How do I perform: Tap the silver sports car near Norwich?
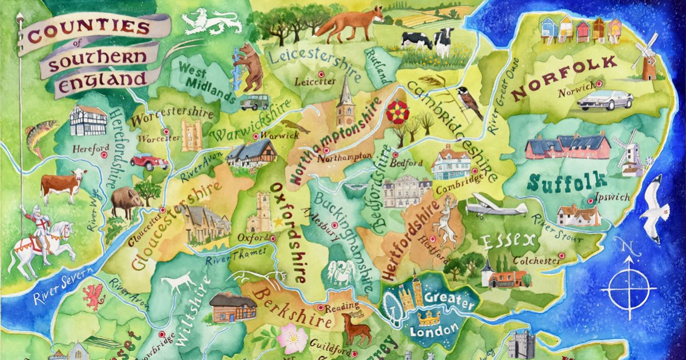[604, 100]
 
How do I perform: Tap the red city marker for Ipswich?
[591, 201]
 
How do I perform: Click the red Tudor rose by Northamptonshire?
[397, 111]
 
